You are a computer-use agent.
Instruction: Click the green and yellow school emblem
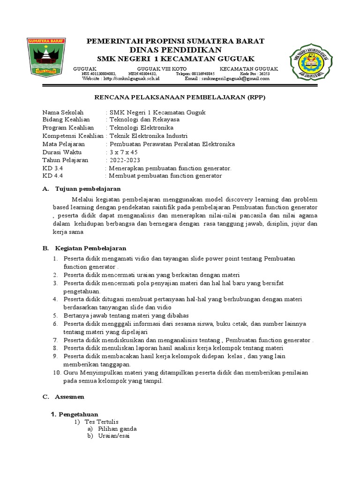click(x=313, y=61)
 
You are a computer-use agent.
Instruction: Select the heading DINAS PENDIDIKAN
click(x=176, y=50)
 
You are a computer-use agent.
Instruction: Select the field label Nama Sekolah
click(x=63, y=112)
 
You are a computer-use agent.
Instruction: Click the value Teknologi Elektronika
click(x=141, y=128)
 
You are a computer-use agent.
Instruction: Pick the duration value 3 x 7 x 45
click(x=124, y=152)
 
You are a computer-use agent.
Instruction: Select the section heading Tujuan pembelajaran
click(x=88, y=188)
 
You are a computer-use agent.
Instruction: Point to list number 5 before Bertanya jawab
click(x=55, y=316)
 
